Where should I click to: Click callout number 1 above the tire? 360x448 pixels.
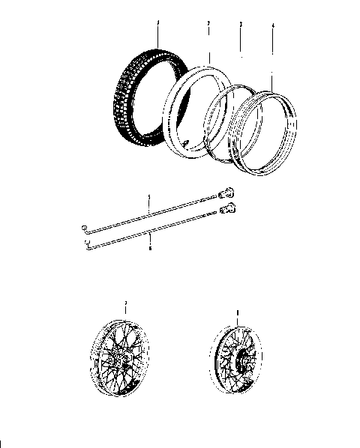pyautogui.click(x=158, y=25)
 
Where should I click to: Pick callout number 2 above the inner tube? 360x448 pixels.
pyautogui.click(x=208, y=25)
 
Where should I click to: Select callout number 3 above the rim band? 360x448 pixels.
pyautogui.click(x=239, y=25)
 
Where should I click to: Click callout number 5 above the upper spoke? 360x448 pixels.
pyautogui.click(x=149, y=197)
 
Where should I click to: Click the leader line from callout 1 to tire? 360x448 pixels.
pyautogui.click(x=158, y=37)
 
